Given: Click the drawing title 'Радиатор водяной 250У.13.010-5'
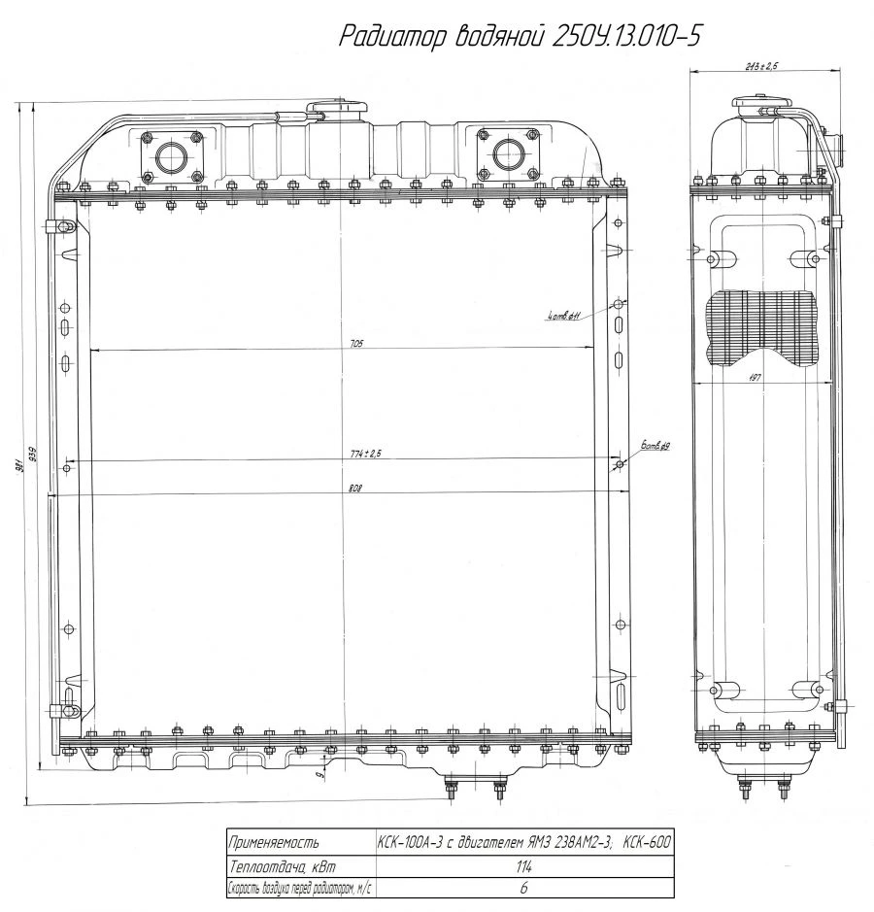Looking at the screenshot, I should pyautogui.click(x=520, y=36).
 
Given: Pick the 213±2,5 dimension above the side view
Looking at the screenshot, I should pyautogui.click(x=763, y=66).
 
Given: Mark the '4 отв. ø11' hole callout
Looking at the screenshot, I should pyautogui.click(x=563, y=315).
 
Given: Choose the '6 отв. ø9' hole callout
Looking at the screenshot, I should pyautogui.click(x=655, y=446).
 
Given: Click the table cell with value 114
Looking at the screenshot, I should pyautogui.click(x=524, y=867).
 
